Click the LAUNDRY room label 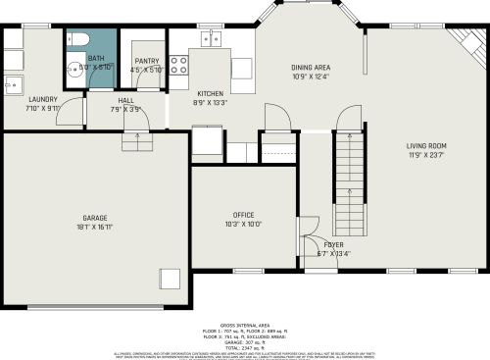click(42, 99)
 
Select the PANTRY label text click(147, 60)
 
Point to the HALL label click(126, 100)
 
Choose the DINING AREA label click(310, 68)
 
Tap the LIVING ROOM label click(426, 146)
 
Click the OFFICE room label click(243, 214)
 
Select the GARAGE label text click(95, 217)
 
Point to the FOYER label click(333, 244)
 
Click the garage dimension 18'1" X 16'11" click(95, 226)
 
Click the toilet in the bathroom click(80, 40)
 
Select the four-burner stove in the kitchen click(179, 65)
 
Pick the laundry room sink click(14, 84)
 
